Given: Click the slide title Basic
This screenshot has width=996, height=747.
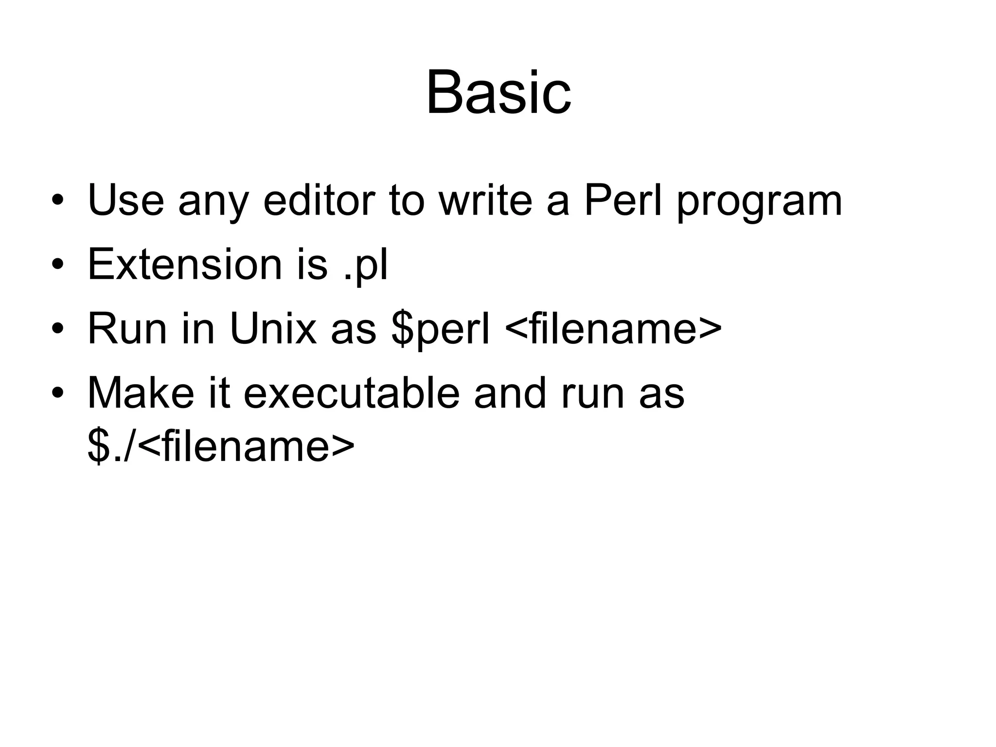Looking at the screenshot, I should click(x=498, y=92).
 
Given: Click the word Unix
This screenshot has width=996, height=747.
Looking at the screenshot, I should click(x=273, y=329).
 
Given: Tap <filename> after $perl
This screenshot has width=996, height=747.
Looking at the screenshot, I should click(x=614, y=329).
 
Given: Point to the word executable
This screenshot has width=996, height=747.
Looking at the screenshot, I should click(x=352, y=393).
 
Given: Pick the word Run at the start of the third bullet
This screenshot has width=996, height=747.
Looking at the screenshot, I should click(x=127, y=329).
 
